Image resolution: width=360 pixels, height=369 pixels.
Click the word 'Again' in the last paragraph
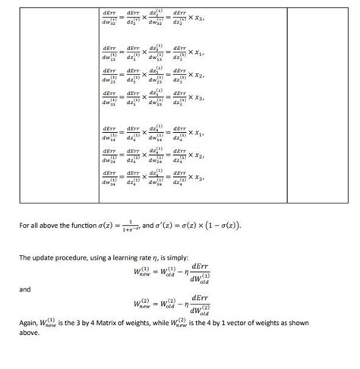[x=29, y=322]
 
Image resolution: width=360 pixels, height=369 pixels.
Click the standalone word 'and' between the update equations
[x=26, y=289]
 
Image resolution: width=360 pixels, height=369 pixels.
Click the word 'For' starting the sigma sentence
[x=24, y=225]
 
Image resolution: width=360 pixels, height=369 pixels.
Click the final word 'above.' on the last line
[x=29, y=332]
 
